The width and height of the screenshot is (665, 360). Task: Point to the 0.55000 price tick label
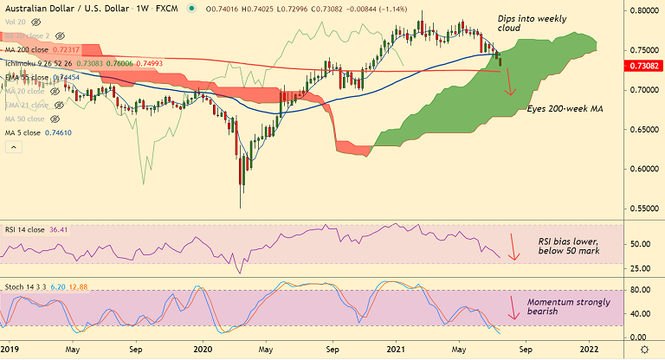point(642,208)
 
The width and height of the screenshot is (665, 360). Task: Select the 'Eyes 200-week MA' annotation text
point(565,109)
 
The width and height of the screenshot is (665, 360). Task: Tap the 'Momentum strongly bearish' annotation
point(568,306)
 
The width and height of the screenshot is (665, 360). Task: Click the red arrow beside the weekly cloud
point(509,82)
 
